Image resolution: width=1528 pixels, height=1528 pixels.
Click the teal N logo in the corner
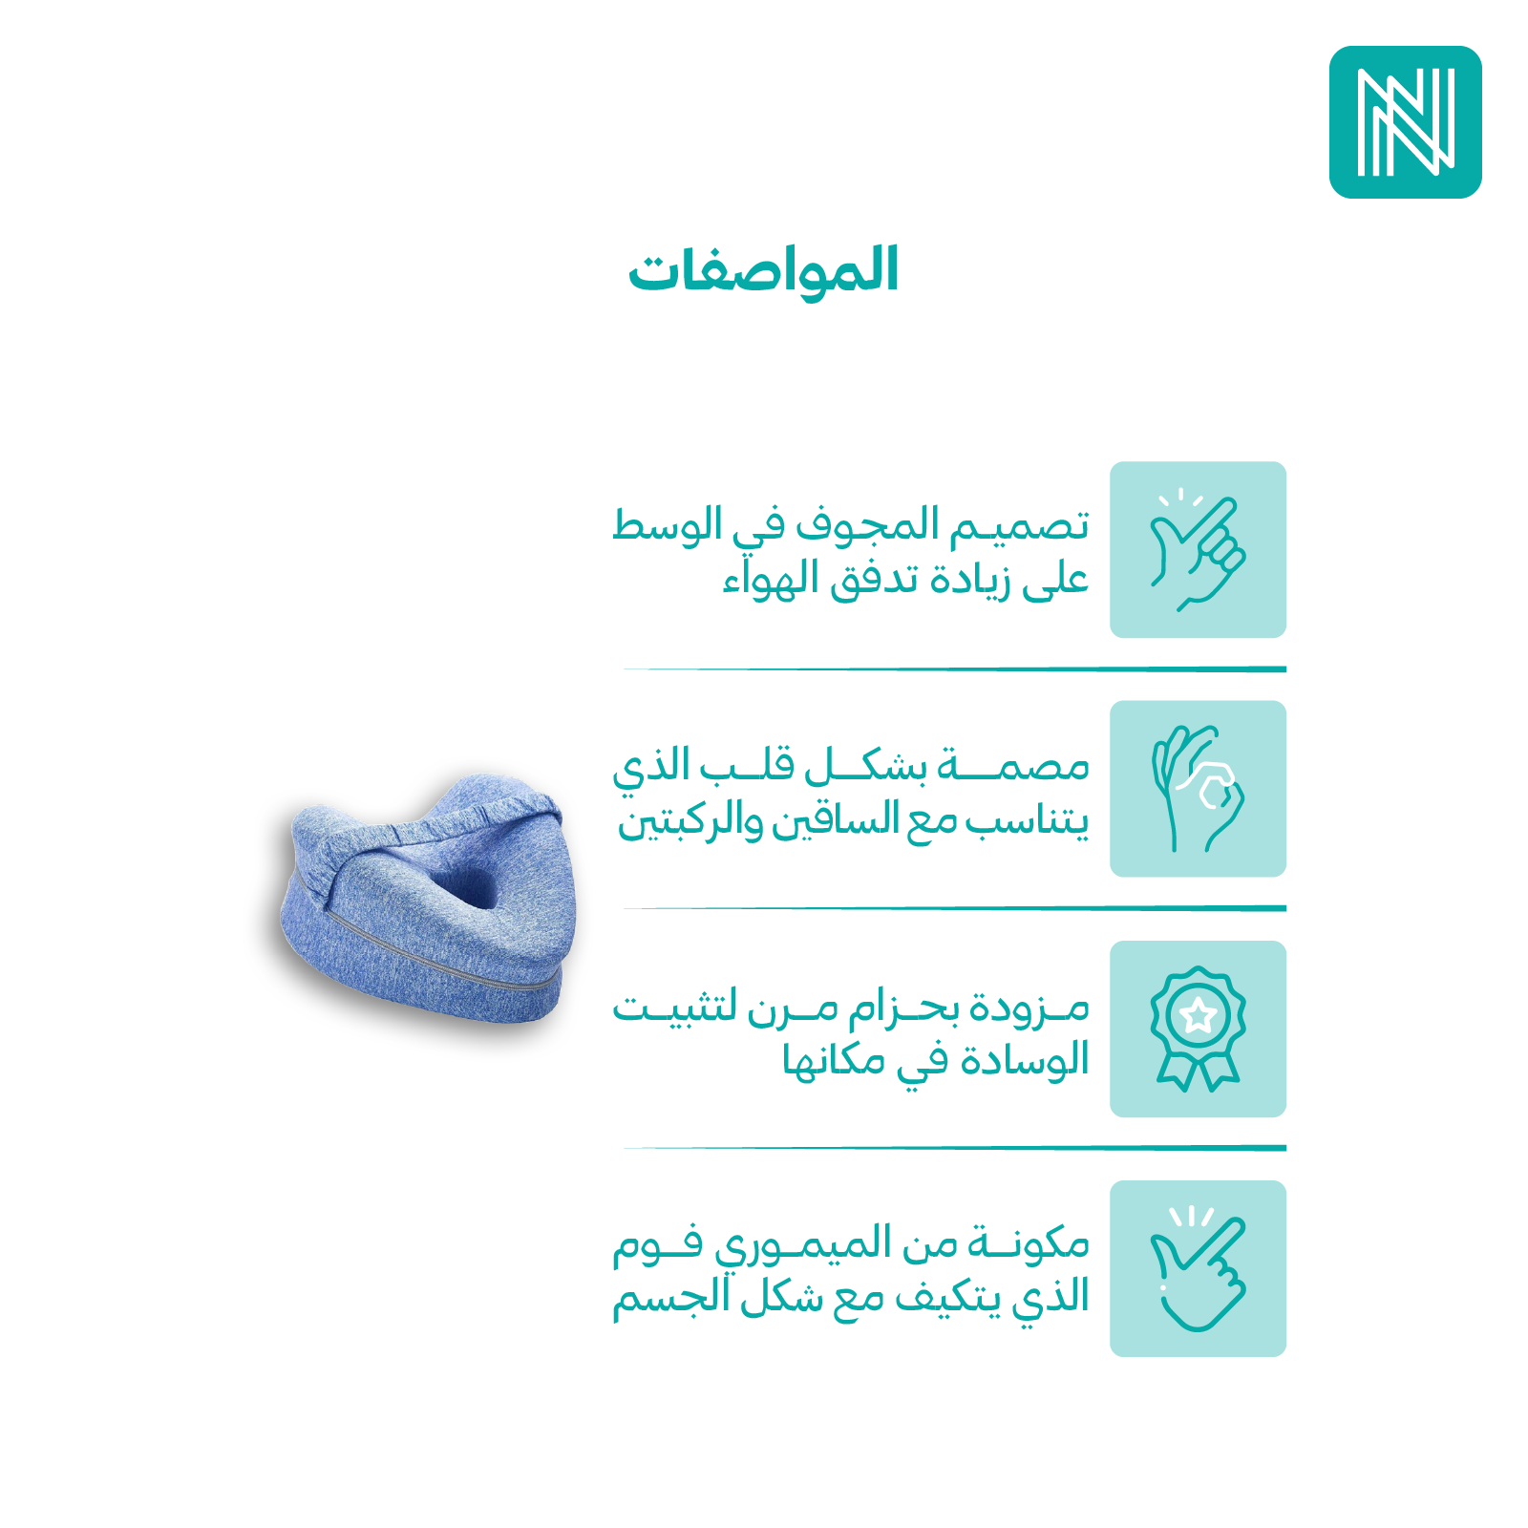tap(1405, 122)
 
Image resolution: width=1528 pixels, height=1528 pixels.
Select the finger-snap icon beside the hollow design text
tap(1198, 550)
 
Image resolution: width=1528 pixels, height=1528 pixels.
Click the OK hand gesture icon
tap(1198, 789)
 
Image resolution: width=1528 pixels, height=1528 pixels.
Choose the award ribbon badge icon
tap(1198, 1029)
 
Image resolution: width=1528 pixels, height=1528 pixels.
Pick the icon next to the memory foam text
tap(1198, 1268)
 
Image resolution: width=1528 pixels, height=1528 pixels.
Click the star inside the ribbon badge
tap(1198, 1015)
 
